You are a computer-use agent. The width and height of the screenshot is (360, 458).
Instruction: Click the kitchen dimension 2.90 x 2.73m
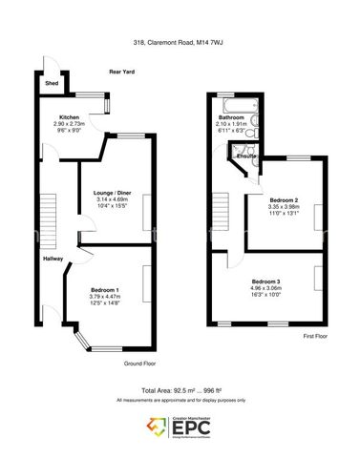pos(69,124)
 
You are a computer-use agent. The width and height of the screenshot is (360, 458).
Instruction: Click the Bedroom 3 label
pos(266,281)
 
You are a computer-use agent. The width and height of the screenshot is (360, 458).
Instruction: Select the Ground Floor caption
pos(139,364)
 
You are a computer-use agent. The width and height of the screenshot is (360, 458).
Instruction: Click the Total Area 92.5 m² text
pos(180,391)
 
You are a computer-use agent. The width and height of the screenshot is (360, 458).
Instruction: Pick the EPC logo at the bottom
pos(180,427)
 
